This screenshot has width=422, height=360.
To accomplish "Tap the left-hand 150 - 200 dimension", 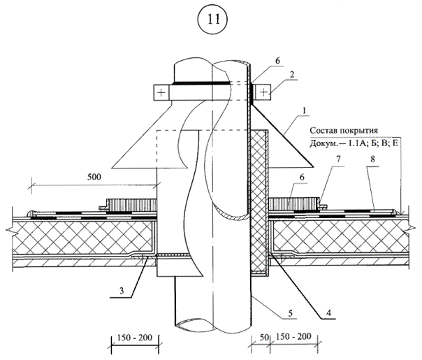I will [136, 337].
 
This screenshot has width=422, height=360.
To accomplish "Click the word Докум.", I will [326, 145].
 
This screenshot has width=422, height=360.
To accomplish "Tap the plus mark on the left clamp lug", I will [161, 92].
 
